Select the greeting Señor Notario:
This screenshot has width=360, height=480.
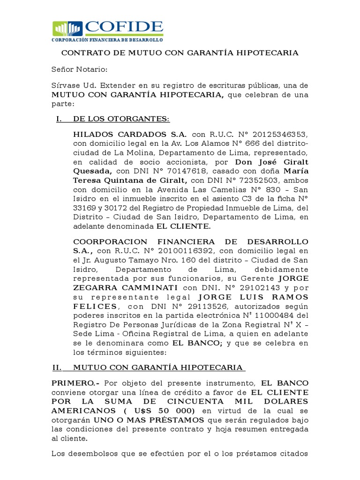pyautogui.click(x=79, y=70)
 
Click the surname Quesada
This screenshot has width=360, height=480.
pyautogui.click(x=92, y=171)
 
